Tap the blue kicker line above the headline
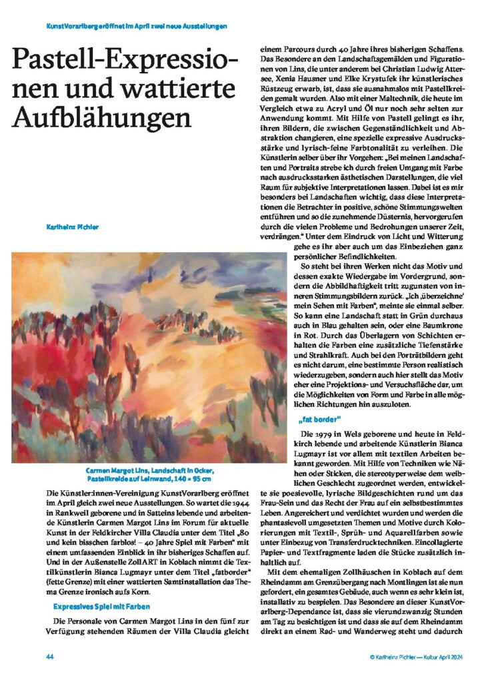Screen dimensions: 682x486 pos(136,26)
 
